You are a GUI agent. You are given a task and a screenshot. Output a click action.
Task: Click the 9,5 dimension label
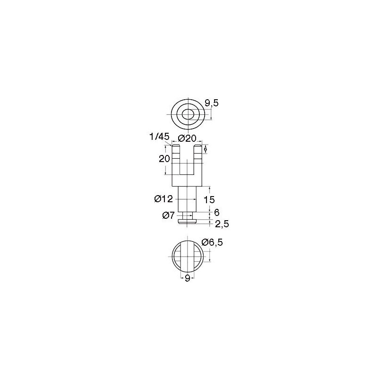[211, 103]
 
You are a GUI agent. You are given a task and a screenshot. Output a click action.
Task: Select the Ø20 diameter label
[187, 138]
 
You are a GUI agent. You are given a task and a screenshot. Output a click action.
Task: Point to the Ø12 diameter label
[163, 199]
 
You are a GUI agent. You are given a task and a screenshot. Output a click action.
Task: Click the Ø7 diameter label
[168, 215]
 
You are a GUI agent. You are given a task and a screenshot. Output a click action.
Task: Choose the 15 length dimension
[209, 199]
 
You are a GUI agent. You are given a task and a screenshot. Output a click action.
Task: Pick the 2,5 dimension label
[222, 224]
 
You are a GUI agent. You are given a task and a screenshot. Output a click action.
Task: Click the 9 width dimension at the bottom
[187, 278]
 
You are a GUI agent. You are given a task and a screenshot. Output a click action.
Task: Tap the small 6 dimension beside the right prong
[206, 149]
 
